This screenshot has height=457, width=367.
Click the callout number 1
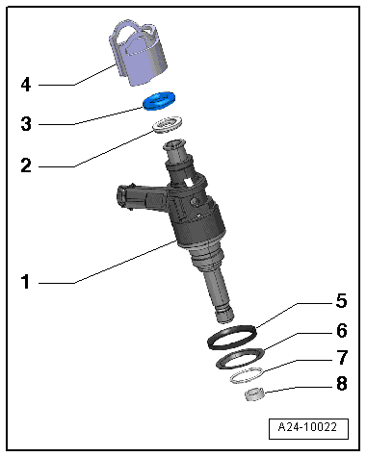click(x=26, y=283)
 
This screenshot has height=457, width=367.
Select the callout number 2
click(x=26, y=165)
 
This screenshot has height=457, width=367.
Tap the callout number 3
click(x=26, y=123)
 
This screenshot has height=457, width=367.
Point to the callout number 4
click(x=26, y=85)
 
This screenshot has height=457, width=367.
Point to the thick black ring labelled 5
click(x=235, y=337)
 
